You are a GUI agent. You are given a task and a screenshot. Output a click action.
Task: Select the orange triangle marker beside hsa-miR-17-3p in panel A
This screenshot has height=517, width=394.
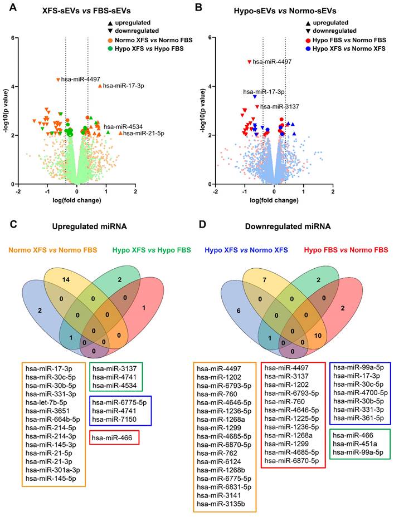click(x=100, y=86)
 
